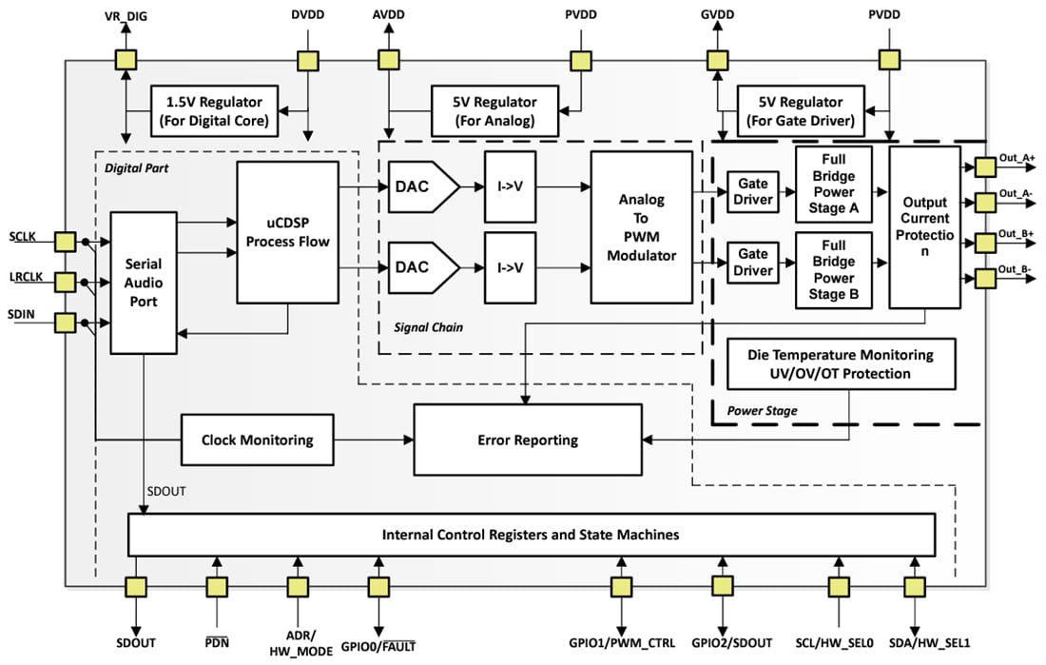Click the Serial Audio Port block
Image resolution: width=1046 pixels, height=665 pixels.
pyautogui.click(x=145, y=283)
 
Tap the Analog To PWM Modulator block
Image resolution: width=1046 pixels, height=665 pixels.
pyautogui.click(x=641, y=227)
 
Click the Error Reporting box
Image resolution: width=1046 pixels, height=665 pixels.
pyautogui.click(x=527, y=440)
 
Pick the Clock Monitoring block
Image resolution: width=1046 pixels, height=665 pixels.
pyautogui.click(x=257, y=440)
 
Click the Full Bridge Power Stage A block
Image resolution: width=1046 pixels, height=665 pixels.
pyautogui.click(x=833, y=185)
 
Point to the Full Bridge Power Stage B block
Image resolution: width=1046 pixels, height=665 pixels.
pyautogui.click(x=833, y=270)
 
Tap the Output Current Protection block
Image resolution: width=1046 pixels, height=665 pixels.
pyautogui.click(x=924, y=226)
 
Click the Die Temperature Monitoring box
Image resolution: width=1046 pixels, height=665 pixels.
pyautogui.click(x=841, y=363)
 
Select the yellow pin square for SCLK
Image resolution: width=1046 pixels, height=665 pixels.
pyautogui.click(x=65, y=242)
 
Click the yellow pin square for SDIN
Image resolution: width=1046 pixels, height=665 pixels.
pyautogui.click(x=65, y=323)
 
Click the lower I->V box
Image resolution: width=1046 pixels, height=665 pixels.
pyautogui.click(x=510, y=266)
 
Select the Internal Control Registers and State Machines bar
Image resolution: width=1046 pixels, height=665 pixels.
pyautogui.click(x=531, y=535)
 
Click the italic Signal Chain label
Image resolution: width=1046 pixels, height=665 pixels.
pyautogui.click(x=428, y=327)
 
